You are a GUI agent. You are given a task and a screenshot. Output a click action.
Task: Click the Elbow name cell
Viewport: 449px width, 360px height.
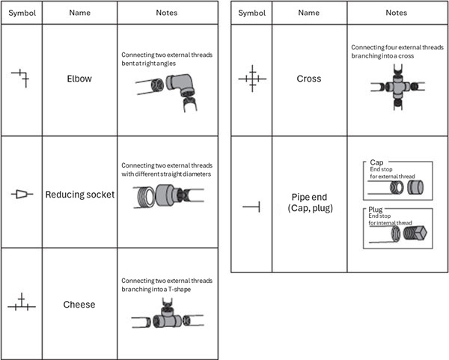[x=79, y=78]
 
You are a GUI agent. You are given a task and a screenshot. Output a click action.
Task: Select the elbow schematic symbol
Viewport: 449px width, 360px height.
[x=21, y=76]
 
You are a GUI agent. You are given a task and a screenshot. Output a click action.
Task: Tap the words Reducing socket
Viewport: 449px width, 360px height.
[x=79, y=195]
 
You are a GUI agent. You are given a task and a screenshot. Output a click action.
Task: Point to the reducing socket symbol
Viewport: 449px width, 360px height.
[x=22, y=195]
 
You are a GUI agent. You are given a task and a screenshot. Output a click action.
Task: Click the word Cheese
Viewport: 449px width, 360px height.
[x=79, y=305]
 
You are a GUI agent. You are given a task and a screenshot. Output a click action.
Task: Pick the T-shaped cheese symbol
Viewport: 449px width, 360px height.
[x=22, y=304]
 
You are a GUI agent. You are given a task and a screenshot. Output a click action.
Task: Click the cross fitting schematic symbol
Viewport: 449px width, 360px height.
[x=252, y=77]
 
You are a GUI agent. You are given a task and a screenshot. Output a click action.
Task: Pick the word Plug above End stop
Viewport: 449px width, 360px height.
[x=377, y=210]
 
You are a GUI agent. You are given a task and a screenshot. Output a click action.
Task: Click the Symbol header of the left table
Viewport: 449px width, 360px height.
[x=22, y=13]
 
